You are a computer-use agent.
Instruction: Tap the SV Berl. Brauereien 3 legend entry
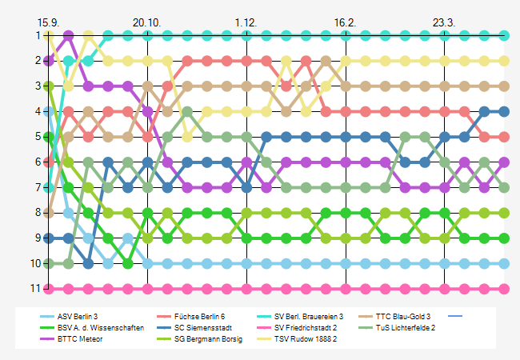pyautogui.click(x=308, y=317)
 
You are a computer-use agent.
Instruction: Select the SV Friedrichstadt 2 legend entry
pyautogui.click(x=305, y=327)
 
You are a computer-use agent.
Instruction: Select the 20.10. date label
pyautogui.click(x=147, y=22)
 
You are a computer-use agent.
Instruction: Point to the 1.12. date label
pyautogui.click(x=246, y=22)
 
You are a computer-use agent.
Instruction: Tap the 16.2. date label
pyautogui.click(x=346, y=22)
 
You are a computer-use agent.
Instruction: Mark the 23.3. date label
pyautogui.click(x=444, y=22)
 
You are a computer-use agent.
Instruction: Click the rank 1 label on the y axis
pyautogui.click(x=38, y=35)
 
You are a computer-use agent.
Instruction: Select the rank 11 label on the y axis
pyautogui.click(x=35, y=289)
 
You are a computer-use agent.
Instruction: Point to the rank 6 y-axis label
pyautogui.click(x=38, y=162)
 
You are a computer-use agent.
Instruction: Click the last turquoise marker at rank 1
pyautogui.click(x=504, y=35)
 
